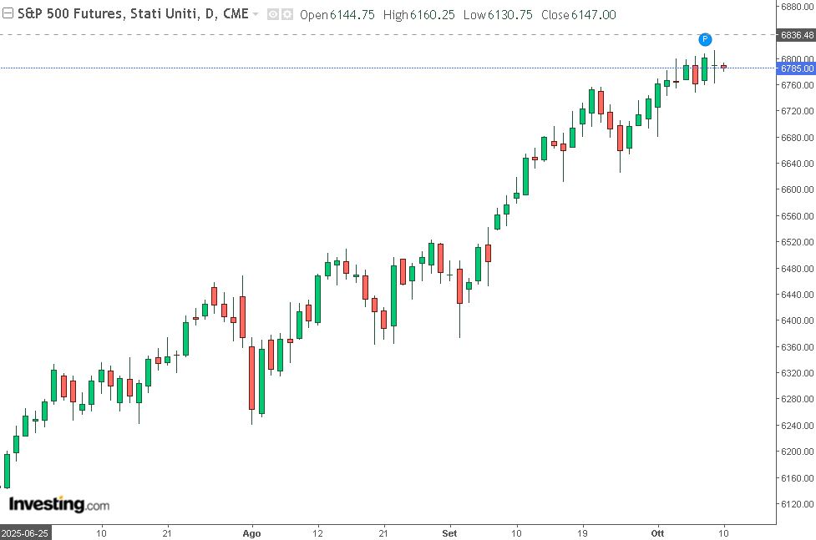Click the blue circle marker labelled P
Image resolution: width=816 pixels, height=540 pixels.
click(x=705, y=39)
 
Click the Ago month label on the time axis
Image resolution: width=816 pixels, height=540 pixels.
click(x=251, y=532)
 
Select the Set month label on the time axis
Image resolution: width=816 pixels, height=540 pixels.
click(x=450, y=532)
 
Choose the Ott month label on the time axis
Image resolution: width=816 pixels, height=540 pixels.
click(x=658, y=532)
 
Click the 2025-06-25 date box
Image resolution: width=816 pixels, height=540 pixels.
click(x=24, y=532)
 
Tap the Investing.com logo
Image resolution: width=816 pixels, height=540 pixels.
click(x=58, y=505)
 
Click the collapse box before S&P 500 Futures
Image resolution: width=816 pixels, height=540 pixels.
click(x=8, y=14)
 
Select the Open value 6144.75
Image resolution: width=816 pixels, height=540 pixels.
click(x=352, y=15)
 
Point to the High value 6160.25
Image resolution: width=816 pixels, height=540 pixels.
click(x=433, y=15)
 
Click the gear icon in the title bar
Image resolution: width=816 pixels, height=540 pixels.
click(x=286, y=14)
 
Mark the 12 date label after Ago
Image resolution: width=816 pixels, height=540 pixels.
click(x=317, y=532)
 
